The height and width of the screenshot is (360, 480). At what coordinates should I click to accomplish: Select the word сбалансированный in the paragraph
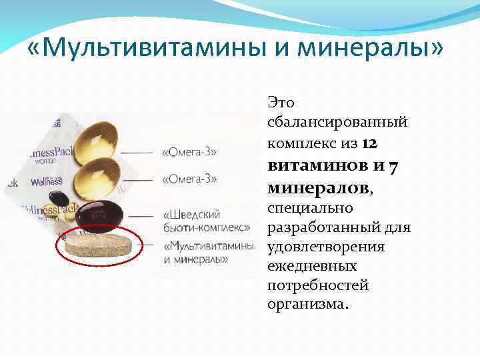click(x=337, y=123)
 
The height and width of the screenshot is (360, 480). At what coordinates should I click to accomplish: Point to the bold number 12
click(x=372, y=143)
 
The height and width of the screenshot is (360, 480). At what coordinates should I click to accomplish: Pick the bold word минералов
click(x=319, y=187)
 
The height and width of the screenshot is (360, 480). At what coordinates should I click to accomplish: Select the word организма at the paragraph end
click(x=305, y=305)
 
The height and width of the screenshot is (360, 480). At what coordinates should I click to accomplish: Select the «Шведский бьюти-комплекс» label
click(x=206, y=221)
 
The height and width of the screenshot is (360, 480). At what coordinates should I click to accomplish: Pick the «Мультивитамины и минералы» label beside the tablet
click(x=208, y=251)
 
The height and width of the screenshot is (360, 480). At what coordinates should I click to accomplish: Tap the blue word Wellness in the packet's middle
click(x=45, y=181)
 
